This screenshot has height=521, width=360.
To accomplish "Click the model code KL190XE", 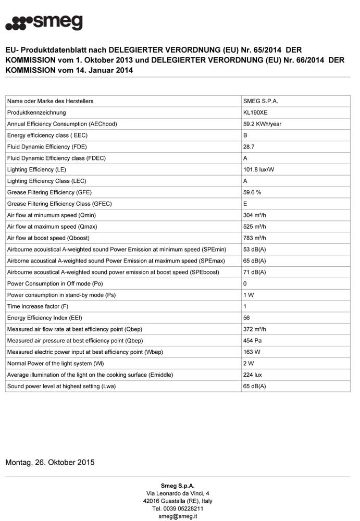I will pos(255,113).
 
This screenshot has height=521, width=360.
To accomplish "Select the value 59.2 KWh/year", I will pos(262,124).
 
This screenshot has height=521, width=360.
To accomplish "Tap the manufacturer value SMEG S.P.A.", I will pos(260,101).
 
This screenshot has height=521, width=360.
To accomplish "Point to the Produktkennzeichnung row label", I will pos(36,113).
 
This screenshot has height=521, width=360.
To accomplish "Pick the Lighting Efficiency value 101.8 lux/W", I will pos(259,170).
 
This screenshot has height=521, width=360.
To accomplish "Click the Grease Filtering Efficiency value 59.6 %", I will pos(252,192).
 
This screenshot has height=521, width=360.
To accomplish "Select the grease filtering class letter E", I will pos(245,204).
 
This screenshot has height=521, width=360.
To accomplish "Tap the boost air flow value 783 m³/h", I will pos(255,238).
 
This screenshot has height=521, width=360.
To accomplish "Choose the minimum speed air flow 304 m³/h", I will pos(255,215).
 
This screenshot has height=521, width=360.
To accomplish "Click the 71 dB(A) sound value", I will pos(255,272).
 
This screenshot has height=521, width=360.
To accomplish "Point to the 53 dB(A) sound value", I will pos(255,250).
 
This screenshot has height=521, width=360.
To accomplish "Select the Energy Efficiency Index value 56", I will pos(247,318).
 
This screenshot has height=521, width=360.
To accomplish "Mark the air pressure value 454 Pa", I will pos(253,341).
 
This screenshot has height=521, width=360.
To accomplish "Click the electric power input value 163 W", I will pos(252,352).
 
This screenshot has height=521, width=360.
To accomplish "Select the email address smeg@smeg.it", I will pos(178,516).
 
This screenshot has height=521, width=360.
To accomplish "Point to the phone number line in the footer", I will pos(178,508).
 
